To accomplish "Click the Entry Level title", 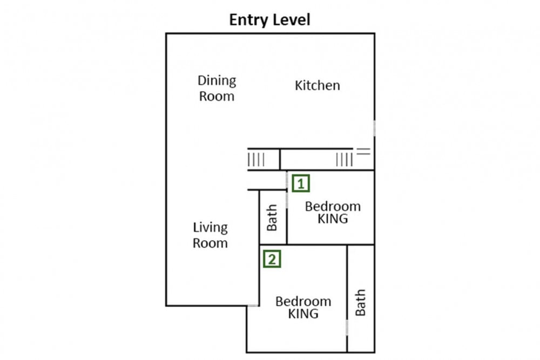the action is click(x=269, y=19).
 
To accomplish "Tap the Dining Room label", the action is click(x=217, y=89).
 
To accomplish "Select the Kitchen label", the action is click(x=317, y=85).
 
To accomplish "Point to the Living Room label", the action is click(x=210, y=235).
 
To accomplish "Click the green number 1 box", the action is click(x=301, y=184).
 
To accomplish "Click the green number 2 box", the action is click(x=272, y=259).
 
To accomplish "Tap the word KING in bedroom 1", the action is click(x=332, y=219).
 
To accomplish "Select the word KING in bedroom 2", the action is click(x=303, y=314).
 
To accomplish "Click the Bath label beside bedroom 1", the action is click(x=272, y=218).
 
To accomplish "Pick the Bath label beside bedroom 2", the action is click(x=360, y=303).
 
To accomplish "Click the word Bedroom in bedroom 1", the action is click(x=333, y=207).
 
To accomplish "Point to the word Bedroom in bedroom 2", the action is click(x=303, y=302).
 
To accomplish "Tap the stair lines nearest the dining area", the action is click(x=256, y=160).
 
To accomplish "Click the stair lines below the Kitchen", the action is click(x=345, y=160).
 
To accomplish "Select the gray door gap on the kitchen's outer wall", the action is click(x=374, y=128).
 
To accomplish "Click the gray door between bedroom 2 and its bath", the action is click(x=347, y=328).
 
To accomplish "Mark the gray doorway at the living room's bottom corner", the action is click(x=253, y=305).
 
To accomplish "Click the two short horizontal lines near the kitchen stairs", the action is click(x=363, y=152).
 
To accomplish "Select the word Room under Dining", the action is click(x=217, y=97).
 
